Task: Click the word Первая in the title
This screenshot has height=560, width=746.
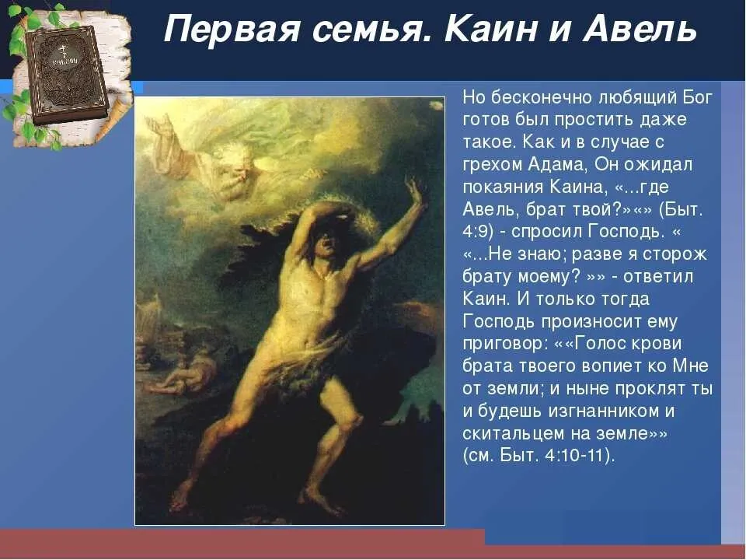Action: click(x=232, y=30)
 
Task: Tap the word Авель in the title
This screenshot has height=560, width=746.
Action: click(x=640, y=29)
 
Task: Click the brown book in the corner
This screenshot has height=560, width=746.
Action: click(x=67, y=73)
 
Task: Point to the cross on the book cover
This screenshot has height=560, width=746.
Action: click(x=61, y=51)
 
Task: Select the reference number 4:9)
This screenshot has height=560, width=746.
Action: click(x=478, y=232)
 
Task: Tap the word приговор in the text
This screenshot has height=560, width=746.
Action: click(x=502, y=345)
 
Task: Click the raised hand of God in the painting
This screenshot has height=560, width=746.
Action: click(x=162, y=127)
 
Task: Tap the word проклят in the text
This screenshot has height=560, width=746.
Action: click(x=644, y=389)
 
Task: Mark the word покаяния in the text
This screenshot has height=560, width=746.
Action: click(x=503, y=187)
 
